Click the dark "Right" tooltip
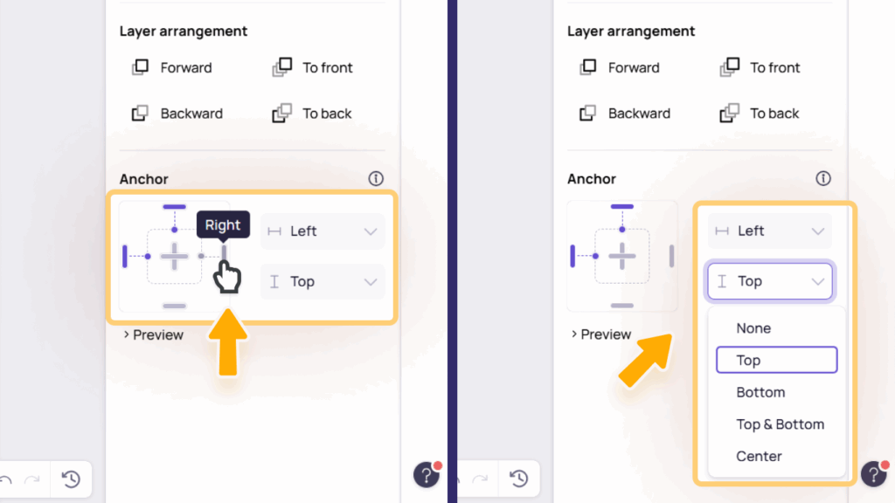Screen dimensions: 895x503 pos(223,224)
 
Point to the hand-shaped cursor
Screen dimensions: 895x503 pos(226,277)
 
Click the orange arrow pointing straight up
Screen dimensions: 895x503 pos(228,342)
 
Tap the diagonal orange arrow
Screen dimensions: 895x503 pos(646,360)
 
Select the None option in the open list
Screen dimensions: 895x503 pos(753,328)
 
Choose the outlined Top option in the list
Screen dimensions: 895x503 pos(777,360)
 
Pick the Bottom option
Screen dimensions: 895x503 pos(760,392)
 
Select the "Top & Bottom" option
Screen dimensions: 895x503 pos(781,424)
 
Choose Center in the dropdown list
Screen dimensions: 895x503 pos(759,456)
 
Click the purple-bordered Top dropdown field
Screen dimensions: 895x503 pos(770,281)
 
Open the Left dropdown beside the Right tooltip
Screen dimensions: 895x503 pos(323,231)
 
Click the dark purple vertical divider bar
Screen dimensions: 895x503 pos(452,251)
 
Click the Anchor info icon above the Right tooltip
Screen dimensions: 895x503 pos(376,178)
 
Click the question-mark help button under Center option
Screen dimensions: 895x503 pos(874,473)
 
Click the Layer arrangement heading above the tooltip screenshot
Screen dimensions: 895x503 pos(184,31)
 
